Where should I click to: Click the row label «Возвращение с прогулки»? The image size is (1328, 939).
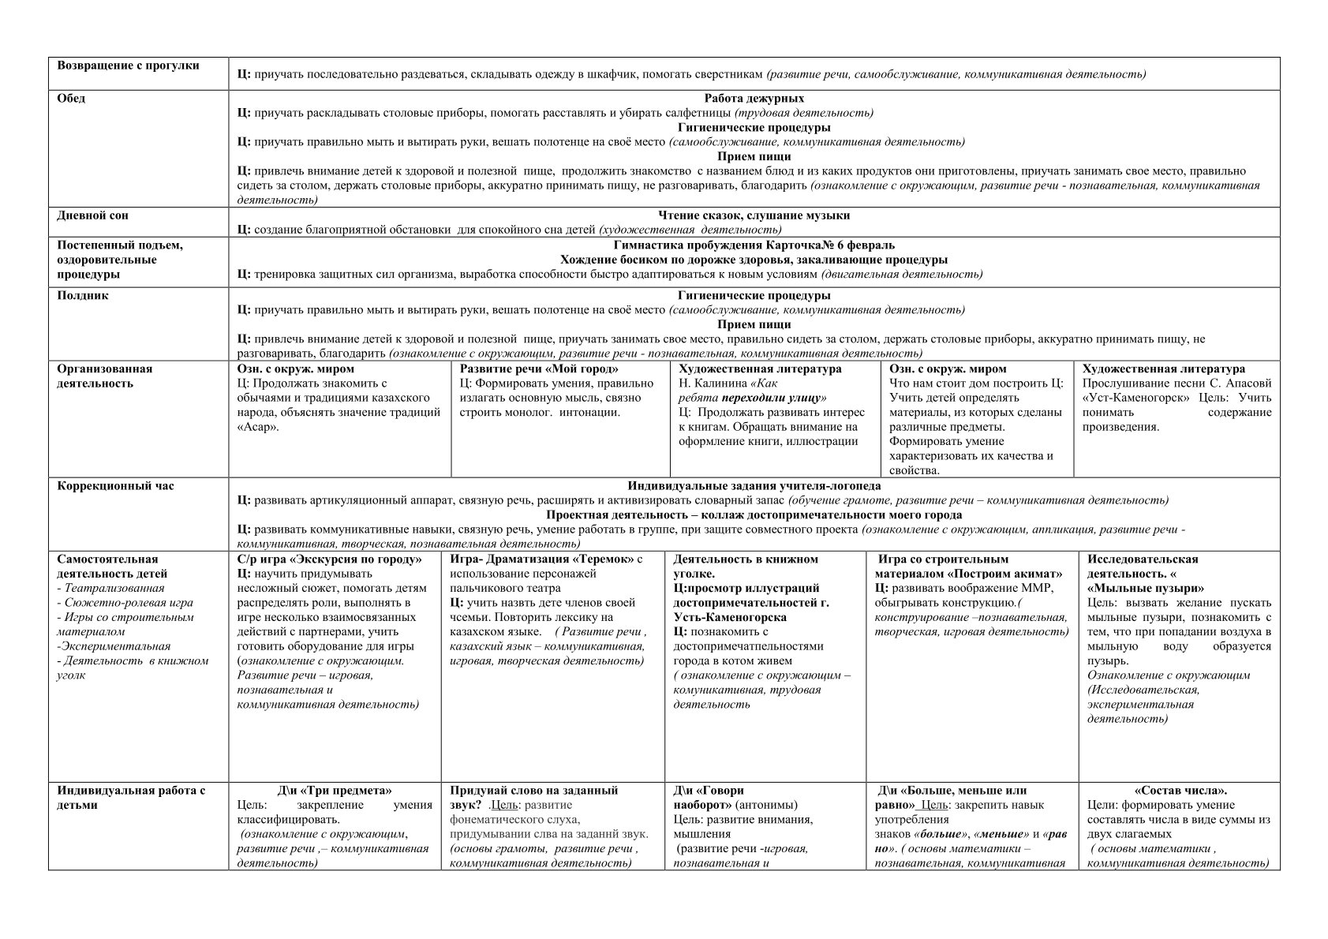click(128, 65)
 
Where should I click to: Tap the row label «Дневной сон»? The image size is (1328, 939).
click(92, 215)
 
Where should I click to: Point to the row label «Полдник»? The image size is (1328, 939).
click(83, 296)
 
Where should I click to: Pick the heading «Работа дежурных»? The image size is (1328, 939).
click(754, 99)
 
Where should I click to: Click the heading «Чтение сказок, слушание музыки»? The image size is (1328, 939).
click(754, 215)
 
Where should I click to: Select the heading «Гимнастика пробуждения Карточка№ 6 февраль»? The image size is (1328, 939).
click(754, 245)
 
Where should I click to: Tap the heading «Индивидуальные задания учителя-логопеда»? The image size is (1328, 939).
click(754, 486)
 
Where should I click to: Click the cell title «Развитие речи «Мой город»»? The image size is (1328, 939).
click(539, 368)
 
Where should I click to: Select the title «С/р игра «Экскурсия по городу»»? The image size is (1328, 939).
click(329, 559)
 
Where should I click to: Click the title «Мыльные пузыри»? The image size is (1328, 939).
click(1146, 589)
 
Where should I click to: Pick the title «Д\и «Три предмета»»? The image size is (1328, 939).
click(335, 791)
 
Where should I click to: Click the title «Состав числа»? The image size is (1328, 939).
click(1180, 791)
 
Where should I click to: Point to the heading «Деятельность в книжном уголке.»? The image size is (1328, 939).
click(745, 567)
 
